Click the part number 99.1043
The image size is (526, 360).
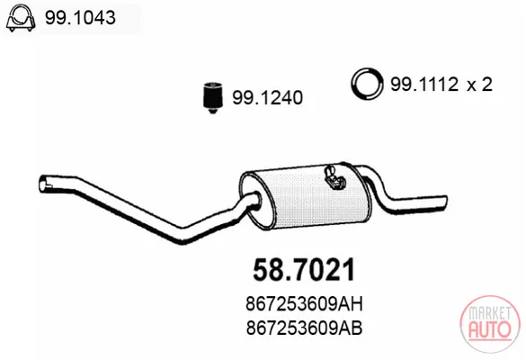pos(80,17)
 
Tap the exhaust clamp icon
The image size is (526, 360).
pos(21,18)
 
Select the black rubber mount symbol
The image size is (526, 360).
pos(212,96)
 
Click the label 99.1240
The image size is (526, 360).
pos(267,98)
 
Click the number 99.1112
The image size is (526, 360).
pos(424,85)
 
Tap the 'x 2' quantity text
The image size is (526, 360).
pos(480,85)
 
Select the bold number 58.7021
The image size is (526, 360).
pos(304,270)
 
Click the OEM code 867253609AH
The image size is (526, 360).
pos(304,304)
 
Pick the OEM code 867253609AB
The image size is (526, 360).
pos(304,328)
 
